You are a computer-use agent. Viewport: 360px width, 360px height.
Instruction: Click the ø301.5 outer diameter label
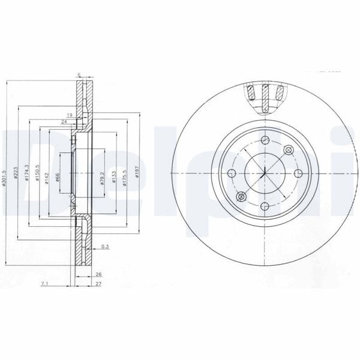[x=5, y=176]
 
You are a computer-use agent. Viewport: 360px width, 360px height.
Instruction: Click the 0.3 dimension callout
[x=105, y=247]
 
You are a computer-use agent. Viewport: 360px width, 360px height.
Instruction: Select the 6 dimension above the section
[x=79, y=74]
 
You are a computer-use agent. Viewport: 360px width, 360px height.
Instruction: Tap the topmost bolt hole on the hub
[x=265, y=140]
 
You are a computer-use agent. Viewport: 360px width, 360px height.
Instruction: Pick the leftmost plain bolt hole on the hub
[x=232, y=174]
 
